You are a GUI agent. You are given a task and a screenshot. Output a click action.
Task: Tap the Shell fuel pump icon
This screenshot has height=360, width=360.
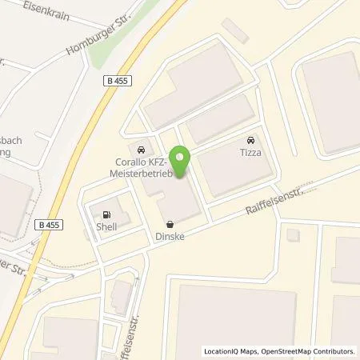pyautogui.click(x=105, y=214)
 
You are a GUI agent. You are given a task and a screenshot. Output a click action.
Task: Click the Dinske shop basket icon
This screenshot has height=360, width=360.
pyautogui.click(x=169, y=225)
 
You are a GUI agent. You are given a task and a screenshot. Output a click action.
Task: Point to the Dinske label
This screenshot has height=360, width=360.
pyautogui.click(x=169, y=236)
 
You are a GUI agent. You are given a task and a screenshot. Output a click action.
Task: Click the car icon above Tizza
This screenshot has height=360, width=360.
pyautogui.click(x=252, y=137)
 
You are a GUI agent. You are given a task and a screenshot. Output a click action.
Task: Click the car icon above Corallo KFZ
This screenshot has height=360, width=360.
pyautogui.click(x=142, y=149)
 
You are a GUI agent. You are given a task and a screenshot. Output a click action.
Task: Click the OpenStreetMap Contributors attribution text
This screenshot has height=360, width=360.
pyautogui.click(x=314, y=351)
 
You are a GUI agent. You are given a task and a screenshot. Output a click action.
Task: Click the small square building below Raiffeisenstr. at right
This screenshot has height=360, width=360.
pyautogui.click(x=293, y=234)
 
